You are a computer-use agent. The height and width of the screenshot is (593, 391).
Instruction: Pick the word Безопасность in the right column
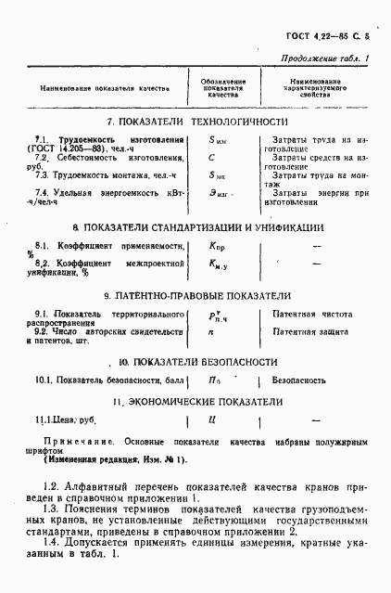click(x=298, y=380)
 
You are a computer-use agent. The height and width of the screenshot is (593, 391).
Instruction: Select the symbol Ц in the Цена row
click(x=212, y=420)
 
